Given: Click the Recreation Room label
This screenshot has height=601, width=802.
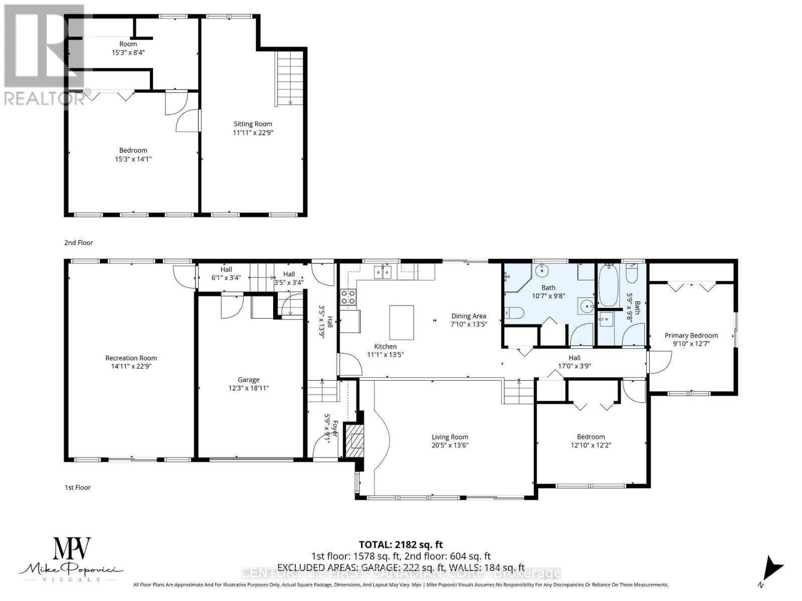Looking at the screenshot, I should [131, 358].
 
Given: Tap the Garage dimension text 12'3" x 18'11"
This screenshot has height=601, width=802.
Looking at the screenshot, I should [248, 388].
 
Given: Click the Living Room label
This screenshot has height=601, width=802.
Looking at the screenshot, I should [450, 437].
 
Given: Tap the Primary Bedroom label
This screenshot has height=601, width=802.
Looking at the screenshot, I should [691, 336].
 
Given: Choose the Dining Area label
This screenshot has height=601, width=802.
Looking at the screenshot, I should [468, 316].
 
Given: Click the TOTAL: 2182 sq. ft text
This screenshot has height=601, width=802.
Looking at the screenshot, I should [400, 544].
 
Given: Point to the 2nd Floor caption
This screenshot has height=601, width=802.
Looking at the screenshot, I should [79, 242].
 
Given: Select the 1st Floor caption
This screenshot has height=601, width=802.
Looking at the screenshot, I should [78, 487].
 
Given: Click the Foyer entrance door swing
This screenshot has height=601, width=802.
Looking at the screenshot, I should [323, 446].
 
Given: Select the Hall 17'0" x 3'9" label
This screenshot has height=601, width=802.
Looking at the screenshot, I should [574, 362].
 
